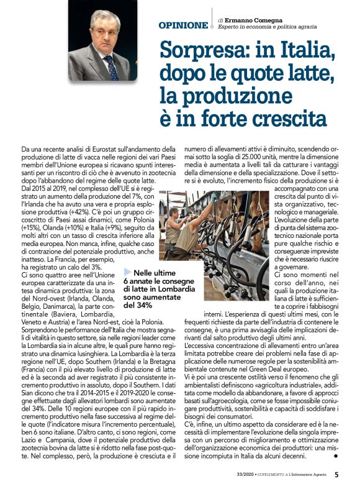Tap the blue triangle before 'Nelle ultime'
(127, 271)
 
